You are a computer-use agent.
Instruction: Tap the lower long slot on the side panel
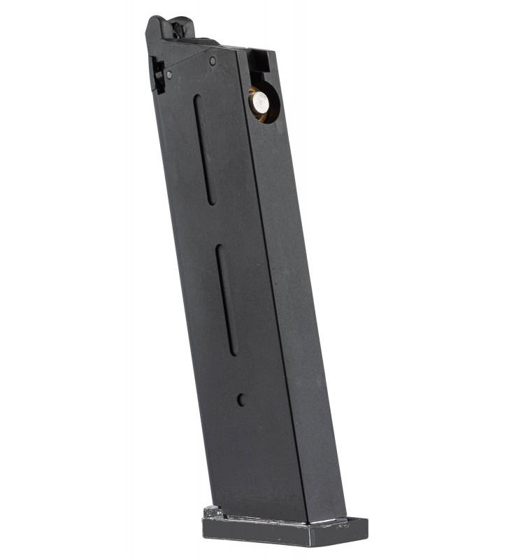point(227,300)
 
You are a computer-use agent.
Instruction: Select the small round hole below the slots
point(241,400)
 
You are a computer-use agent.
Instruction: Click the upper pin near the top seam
point(213,61)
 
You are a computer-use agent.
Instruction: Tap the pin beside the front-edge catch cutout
point(169,74)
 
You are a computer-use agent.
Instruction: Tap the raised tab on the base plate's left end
point(213,512)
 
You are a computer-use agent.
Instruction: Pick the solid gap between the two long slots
point(215,224)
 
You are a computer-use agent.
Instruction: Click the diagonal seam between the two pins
point(191,67)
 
